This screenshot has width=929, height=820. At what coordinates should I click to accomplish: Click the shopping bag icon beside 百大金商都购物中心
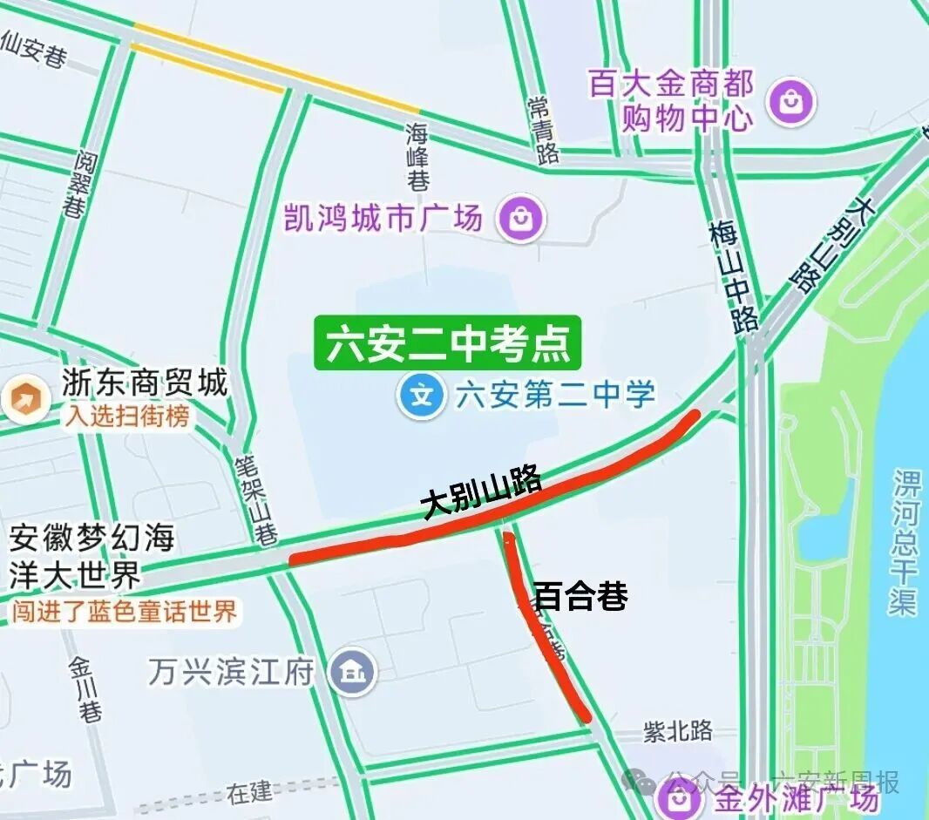[790, 102]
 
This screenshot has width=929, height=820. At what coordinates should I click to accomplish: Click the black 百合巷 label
[580, 597]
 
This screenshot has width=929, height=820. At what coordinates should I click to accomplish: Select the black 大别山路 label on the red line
[481, 494]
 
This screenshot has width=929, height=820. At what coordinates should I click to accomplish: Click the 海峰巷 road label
[418, 157]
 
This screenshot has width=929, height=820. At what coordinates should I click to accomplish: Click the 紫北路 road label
[678, 730]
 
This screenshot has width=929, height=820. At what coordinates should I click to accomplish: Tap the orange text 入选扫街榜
[125, 417]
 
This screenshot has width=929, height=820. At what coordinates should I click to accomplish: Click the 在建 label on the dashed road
[249, 792]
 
